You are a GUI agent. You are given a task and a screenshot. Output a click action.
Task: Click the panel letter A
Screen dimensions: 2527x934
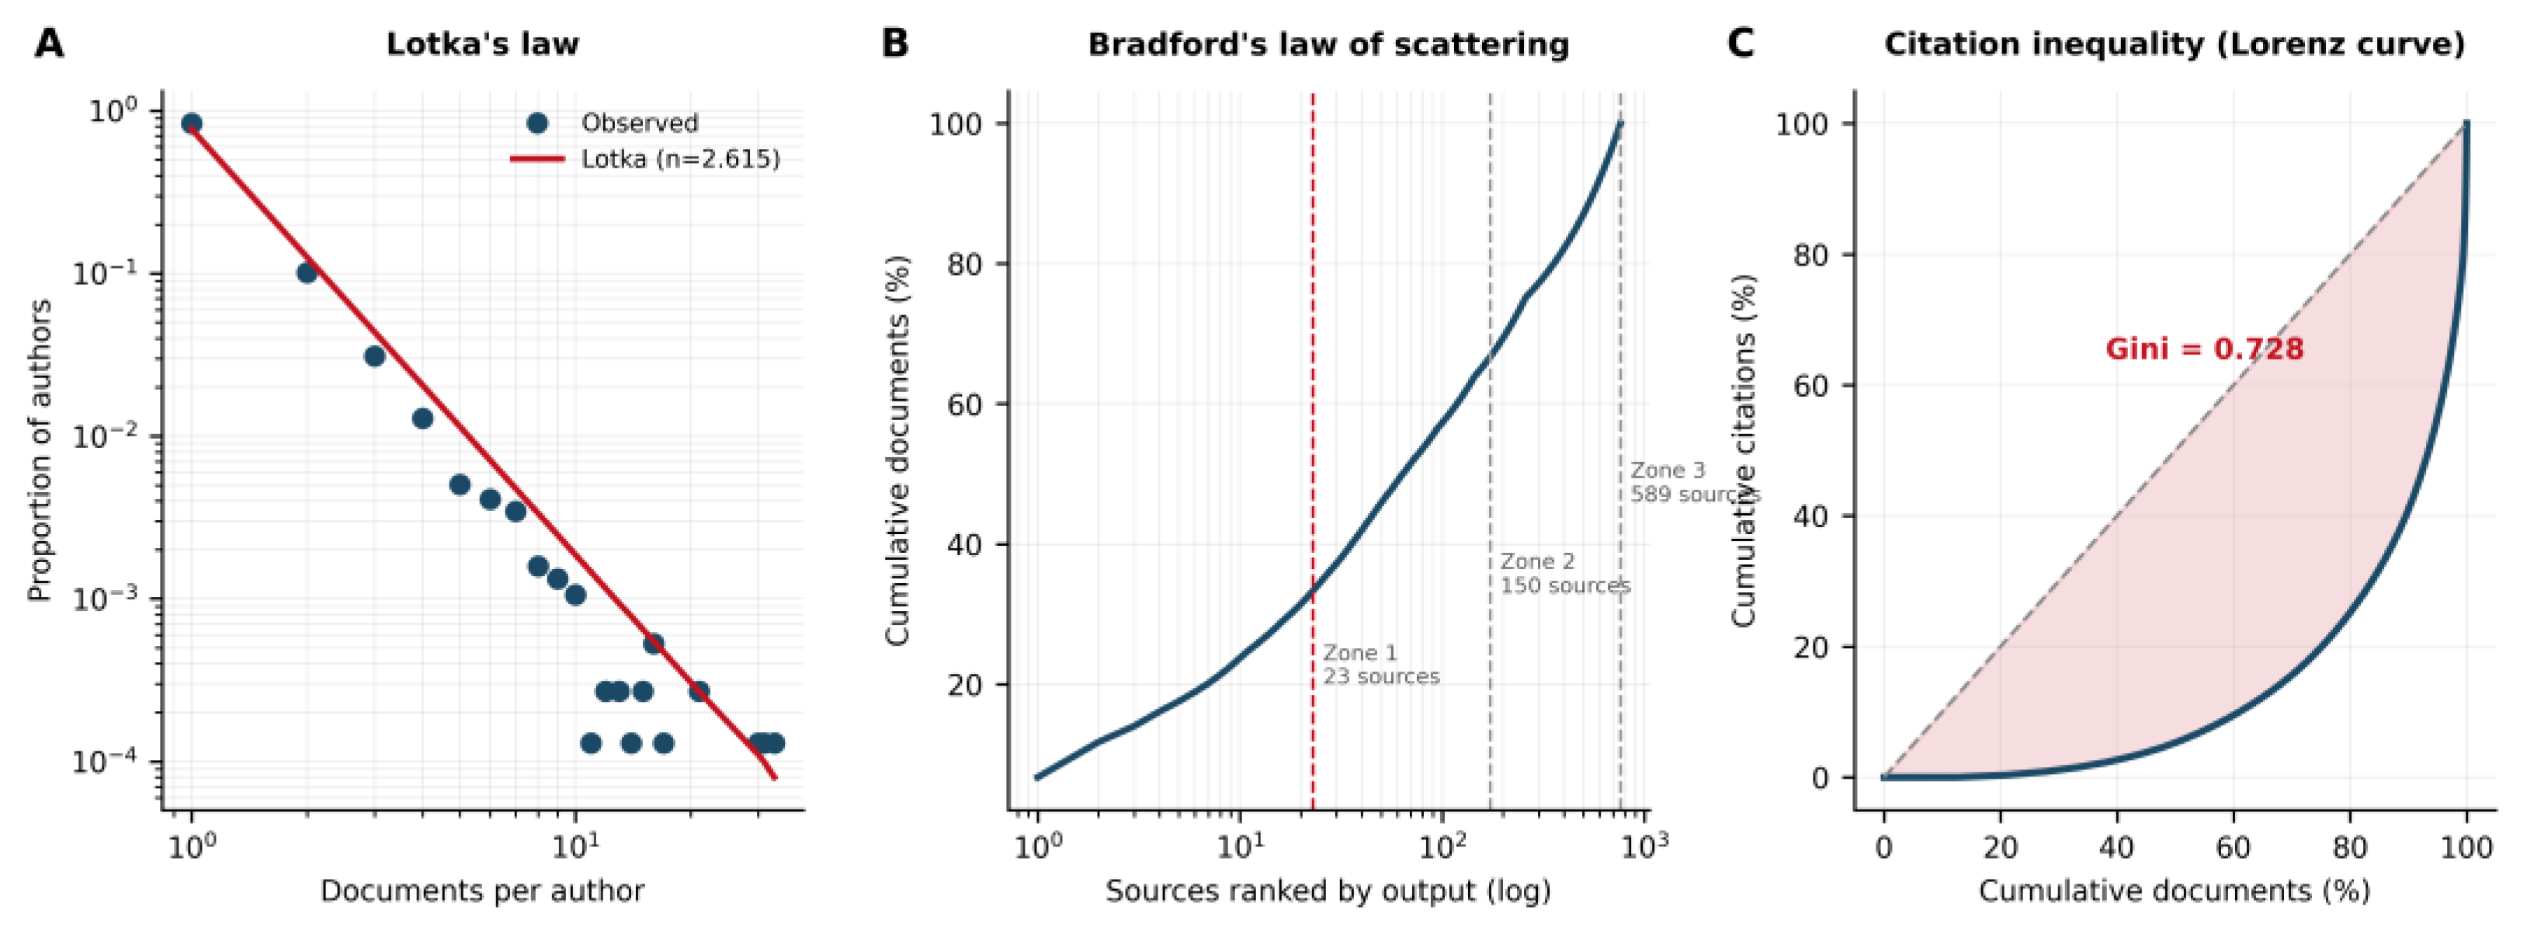[x=49, y=44]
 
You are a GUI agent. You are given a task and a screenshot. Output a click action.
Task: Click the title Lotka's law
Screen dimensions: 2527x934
[x=483, y=44]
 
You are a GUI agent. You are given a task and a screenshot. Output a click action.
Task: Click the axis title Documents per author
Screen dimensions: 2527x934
[x=483, y=891]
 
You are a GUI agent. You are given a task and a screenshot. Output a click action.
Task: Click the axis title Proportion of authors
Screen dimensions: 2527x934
[x=40, y=451]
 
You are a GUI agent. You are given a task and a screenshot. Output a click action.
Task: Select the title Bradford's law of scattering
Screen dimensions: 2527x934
[x=1328, y=44]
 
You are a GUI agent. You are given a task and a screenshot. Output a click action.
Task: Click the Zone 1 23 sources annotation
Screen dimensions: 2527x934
[x=1381, y=664]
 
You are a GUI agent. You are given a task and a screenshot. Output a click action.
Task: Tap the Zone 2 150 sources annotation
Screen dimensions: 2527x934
[x=1564, y=573]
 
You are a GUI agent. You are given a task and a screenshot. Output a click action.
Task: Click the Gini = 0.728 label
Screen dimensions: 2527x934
[x=2204, y=349]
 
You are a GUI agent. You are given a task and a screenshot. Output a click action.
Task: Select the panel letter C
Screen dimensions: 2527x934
[x=1741, y=44]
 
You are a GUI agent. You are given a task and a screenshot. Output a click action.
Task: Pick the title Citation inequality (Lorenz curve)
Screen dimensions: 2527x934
[x=2174, y=44]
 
